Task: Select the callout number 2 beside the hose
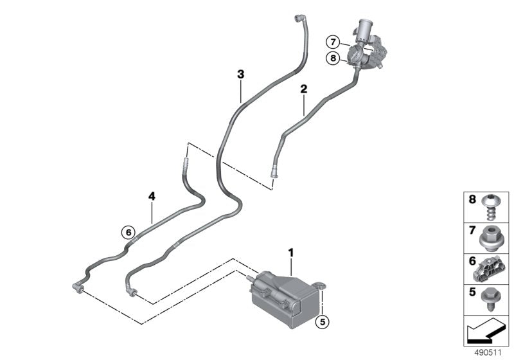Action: point(303,89)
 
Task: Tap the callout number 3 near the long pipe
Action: point(240,75)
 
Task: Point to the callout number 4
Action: point(152,196)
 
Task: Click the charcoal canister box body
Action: point(283,296)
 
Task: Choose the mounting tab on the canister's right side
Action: point(321,285)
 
